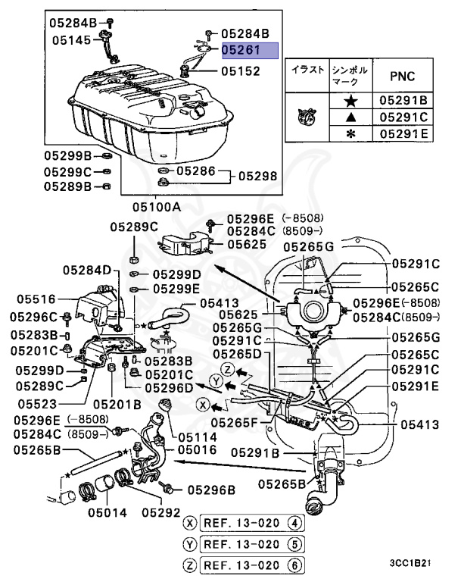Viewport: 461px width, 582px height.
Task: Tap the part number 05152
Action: (240, 71)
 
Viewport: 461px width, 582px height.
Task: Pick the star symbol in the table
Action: (350, 100)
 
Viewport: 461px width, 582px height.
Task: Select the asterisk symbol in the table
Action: (350, 133)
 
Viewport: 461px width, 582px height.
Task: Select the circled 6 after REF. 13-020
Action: (296, 564)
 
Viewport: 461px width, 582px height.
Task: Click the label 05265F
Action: (235, 421)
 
